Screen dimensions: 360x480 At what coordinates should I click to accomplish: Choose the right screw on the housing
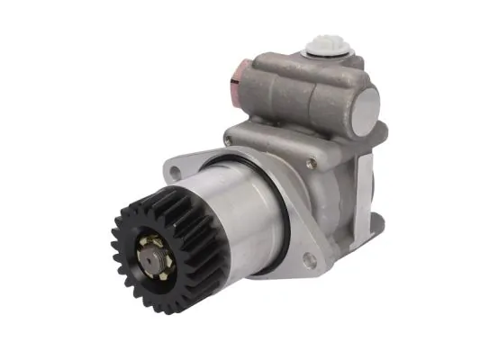(310, 163)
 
